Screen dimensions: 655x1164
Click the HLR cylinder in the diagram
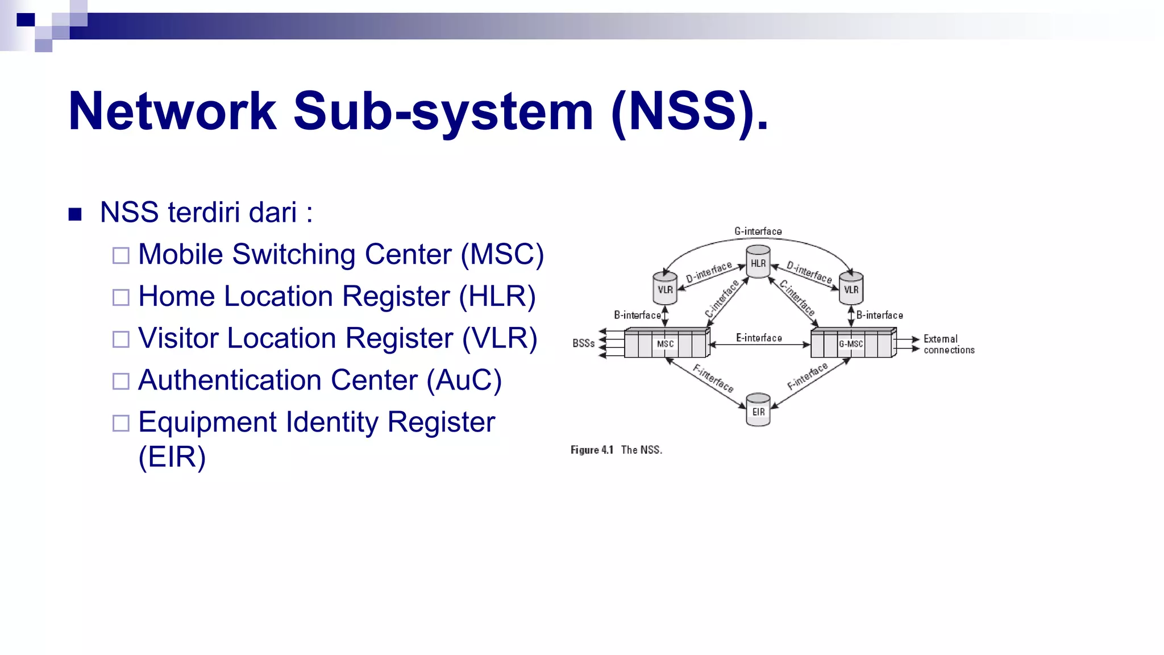pyautogui.click(x=758, y=262)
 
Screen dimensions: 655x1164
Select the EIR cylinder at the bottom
pyautogui.click(x=758, y=410)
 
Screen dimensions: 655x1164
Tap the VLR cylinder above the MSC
pyautogui.click(x=665, y=288)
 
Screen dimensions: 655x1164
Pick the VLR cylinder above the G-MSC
pyautogui.click(x=851, y=288)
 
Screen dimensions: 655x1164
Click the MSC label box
pyautogui.click(x=665, y=344)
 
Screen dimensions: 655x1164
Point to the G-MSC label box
pyautogui.click(x=851, y=344)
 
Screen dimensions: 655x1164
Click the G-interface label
pyautogui.click(x=758, y=231)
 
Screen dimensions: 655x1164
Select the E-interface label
pyautogui.click(x=759, y=338)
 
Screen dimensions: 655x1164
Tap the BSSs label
pyautogui.click(x=583, y=343)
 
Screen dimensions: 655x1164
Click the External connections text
pyautogui.click(x=948, y=345)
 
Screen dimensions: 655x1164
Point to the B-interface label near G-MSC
pyautogui.click(x=879, y=315)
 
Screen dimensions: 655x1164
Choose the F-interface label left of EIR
pyautogui.click(x=713, y=378)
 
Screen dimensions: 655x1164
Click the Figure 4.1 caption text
pyautogui.click(x=616, y=450)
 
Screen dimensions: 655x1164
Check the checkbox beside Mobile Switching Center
pyautogui.click(x=121, y=255)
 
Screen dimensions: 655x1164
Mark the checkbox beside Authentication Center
pyautogui.click(x=121, y=381)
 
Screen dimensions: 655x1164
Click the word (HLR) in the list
pyautogui.click(x=497, y=296)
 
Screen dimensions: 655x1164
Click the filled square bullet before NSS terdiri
pyautogui.click(x=75, y=214)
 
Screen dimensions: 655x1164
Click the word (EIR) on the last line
pyautogui.click(x=172, y=457)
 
